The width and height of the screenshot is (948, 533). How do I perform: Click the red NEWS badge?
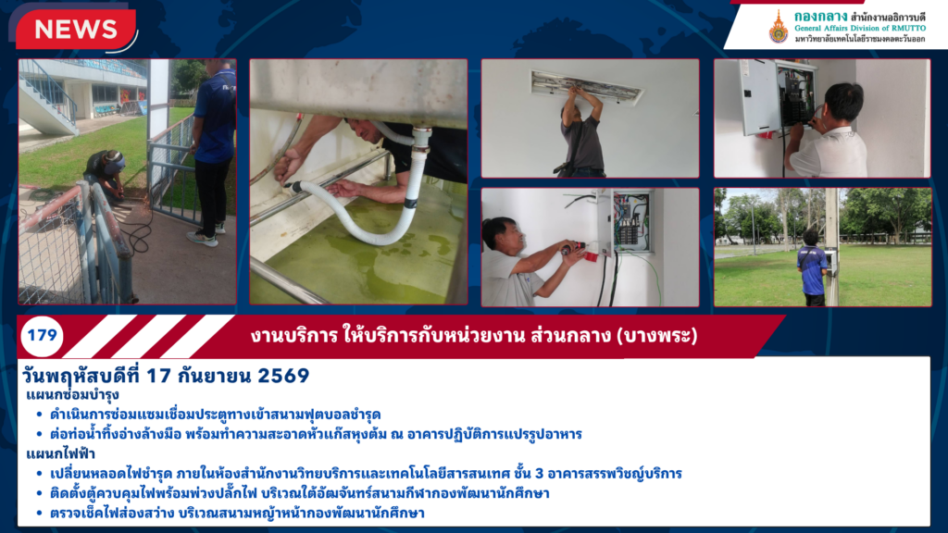click(76, 29)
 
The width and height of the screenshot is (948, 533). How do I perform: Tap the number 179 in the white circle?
click(42, 335)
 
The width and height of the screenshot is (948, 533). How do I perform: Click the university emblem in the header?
click(778, 27)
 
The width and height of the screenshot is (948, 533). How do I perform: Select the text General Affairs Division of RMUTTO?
click(859, 28)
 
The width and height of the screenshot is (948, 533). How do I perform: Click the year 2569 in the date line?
click(283, 376)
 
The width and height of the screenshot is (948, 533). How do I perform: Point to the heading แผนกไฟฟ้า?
click(60, 453)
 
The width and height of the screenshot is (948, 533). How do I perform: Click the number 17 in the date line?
click(157, 376)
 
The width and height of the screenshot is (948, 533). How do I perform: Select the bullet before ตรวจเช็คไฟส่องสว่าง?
click(39, 514)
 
